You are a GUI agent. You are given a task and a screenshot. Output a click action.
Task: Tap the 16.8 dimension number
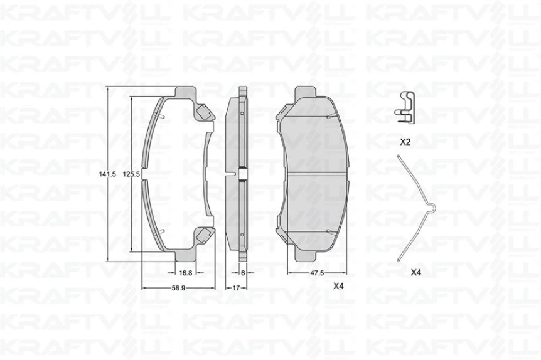[x=185, y=273]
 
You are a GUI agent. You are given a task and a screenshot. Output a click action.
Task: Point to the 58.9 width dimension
[x=181, y=288]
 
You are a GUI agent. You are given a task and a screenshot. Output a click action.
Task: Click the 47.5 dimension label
[x=317, y=273]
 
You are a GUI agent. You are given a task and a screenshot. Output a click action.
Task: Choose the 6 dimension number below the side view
[x=242, y=273]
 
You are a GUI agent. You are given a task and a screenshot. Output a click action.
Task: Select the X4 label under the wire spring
[x=415, y=273]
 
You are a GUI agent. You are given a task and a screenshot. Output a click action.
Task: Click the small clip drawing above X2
[x=406, y=105]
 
